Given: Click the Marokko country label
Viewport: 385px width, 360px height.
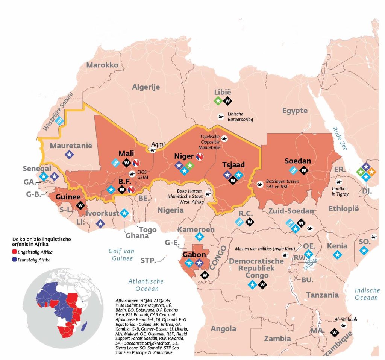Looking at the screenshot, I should tap(102, 65).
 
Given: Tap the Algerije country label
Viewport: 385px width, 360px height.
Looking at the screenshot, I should tap(146, 87).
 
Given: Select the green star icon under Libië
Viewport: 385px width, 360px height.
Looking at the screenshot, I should tap(217, 101).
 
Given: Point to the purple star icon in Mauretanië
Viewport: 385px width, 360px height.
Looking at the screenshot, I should tap(69, 154).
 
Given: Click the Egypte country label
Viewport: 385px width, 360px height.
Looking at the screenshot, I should tap(295, 111).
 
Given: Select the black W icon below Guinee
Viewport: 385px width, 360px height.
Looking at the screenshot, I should tap(80, 205).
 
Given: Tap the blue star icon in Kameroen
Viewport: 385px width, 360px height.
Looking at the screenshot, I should tap(199, 237).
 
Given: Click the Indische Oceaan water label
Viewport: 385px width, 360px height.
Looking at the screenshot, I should tap(367, 294).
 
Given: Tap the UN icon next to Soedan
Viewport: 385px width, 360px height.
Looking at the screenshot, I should tap(293, 170).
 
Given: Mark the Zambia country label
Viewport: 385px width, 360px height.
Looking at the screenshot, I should tap(277, 339).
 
